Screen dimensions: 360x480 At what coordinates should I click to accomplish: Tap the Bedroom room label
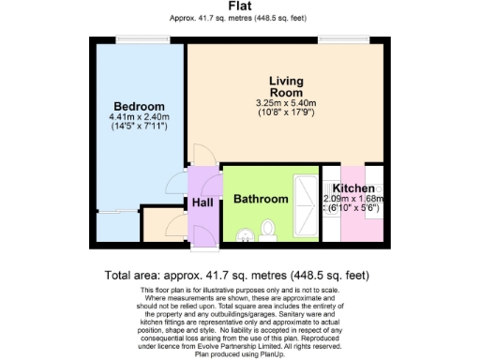click(138, 105)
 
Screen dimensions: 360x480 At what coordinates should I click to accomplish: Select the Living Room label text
click(286, 87)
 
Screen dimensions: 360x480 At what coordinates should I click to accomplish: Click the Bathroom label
click(260, 200)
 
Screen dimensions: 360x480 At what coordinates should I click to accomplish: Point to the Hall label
click(202, 202)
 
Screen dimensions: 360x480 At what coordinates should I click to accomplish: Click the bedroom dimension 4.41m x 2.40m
click(138, 116)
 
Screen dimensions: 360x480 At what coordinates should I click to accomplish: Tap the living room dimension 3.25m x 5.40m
click(286, 103)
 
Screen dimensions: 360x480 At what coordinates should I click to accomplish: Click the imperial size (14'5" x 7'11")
click(138, 126)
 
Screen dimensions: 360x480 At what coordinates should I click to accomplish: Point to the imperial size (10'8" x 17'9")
click(286, 112)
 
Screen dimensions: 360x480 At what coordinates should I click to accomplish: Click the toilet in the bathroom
click(267, 229)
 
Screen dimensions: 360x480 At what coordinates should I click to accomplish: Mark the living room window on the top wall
click(332, 39)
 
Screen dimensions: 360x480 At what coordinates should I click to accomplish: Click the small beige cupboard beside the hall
click(164, 226)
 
